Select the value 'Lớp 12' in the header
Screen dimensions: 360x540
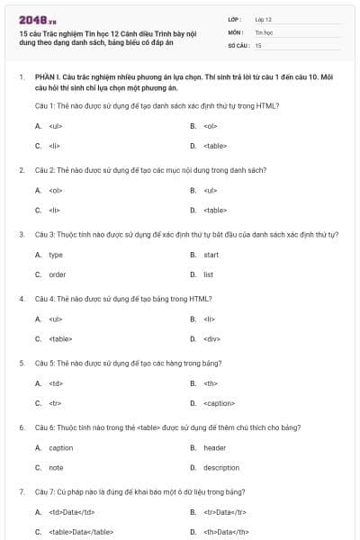(x=263, y=18)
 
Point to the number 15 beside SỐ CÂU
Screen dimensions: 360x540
(x=258, y=44)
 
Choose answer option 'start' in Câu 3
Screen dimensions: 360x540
(x=211, y=255)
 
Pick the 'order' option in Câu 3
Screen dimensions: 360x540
(x=57, y=274)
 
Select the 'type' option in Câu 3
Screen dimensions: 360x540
(x=56, y=255)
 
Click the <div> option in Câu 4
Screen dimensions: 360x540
(x=211, y=338)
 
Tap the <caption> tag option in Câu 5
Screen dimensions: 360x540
(x=219, y=403)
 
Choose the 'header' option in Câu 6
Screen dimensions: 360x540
(x=214, y=447)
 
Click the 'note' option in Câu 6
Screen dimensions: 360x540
(x=56, y=467)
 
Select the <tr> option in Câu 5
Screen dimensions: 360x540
(x=55, y=403)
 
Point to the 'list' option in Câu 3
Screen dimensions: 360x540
(x=208, y=274)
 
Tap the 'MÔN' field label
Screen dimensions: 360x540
(x=235, y=31)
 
